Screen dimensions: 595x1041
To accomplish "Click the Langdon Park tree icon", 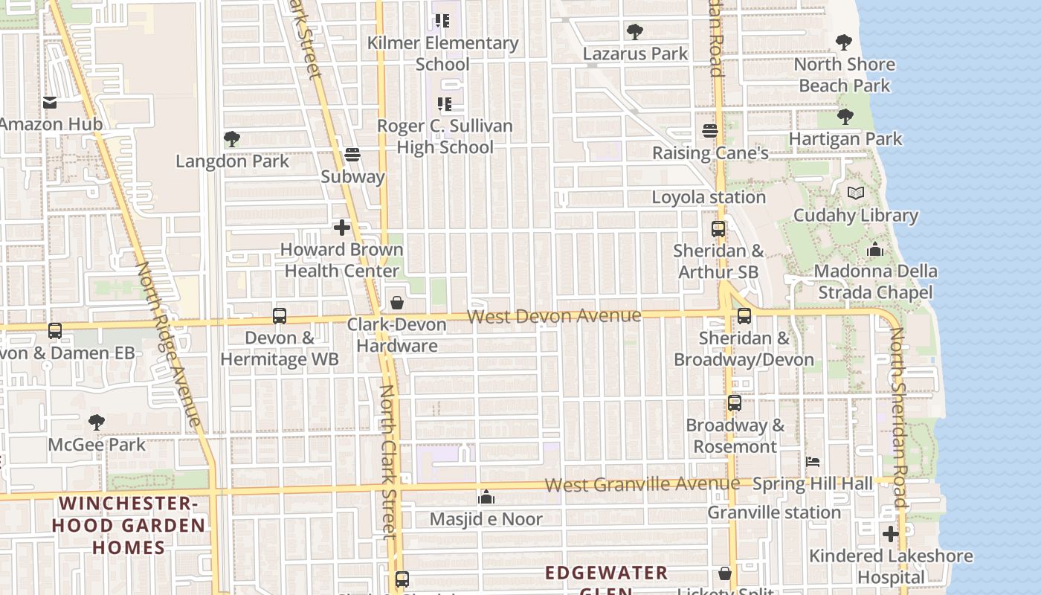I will coord(231,139).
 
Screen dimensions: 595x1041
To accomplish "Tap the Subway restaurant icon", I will coord(353,155).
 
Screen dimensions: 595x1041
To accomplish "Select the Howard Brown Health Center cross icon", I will coord(342,228).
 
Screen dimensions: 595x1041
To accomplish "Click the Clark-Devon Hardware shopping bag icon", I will coord(397,303).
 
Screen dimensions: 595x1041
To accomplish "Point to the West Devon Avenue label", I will coord(554,316).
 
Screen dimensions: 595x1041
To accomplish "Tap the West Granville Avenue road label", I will coord(642,484).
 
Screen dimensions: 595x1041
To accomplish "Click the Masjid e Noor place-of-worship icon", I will coord(486,497).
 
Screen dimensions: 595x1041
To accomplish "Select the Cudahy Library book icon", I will coord(856,193).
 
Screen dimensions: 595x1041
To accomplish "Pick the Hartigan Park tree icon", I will coord(845,117).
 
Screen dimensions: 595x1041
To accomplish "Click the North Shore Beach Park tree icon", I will coord(843,42).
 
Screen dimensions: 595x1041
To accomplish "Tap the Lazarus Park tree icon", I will coord(634,32).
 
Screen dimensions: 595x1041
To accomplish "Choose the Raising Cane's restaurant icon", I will coord(710,131).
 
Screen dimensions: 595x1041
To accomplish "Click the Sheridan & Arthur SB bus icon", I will coord(718,229).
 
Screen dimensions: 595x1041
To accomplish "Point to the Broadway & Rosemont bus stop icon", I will coord(735,403).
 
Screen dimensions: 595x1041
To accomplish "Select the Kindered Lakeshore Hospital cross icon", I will coord(890,534).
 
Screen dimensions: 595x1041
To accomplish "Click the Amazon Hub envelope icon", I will coord(50,103).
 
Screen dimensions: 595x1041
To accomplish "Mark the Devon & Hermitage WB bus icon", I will coord(280,316).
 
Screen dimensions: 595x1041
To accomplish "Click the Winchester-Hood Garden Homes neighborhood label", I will coord(128,525).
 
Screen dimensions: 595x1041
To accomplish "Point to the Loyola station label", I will coord(708,197).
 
